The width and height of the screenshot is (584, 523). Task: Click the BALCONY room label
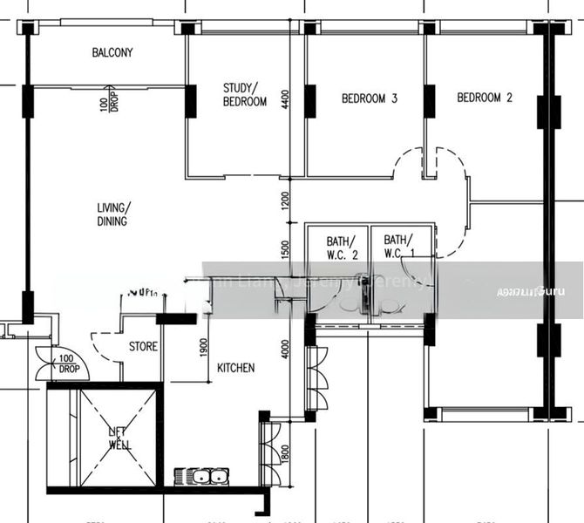point(112,53)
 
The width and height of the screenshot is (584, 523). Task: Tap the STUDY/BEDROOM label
point(245,95)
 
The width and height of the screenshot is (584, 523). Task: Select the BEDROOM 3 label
point(369,99)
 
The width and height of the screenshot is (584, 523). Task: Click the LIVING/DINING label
point(112,214)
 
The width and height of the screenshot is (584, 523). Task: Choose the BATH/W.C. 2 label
point(343,248)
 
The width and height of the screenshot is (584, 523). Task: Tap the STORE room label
point(143,347)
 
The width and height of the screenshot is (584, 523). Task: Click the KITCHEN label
point(235,369)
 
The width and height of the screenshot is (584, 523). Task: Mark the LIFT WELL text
point(119,438)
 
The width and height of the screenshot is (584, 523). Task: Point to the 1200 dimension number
point(284,203)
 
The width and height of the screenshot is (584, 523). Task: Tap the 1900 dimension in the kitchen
point(203,347)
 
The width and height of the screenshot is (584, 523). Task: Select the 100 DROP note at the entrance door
point(69,363)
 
